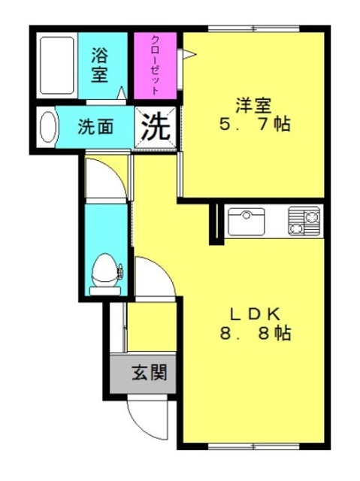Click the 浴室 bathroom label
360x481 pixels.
click(100, 65)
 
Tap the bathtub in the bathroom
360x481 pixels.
click(57, 65)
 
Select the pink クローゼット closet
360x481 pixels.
click(155, 65)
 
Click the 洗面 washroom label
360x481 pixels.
click(95, 127)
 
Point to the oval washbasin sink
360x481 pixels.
click(48, 127)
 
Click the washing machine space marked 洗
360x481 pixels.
click(156, 127)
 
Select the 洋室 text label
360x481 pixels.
click(253, 105)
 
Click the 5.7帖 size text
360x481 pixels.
click(255, 124)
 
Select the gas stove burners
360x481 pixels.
click(304, 221)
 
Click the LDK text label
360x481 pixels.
click(255, 314)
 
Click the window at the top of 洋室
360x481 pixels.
click(253, 29)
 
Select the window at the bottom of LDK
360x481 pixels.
click(253, 446)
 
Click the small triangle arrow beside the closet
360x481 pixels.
click(189, 55)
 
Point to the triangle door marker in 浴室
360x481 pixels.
click(122, 92)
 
